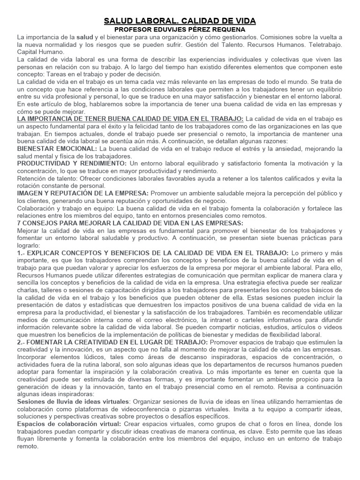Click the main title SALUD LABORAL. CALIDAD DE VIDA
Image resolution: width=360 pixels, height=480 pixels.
[x=180, y=21]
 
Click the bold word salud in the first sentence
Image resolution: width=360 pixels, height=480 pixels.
[x=85, y=37]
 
